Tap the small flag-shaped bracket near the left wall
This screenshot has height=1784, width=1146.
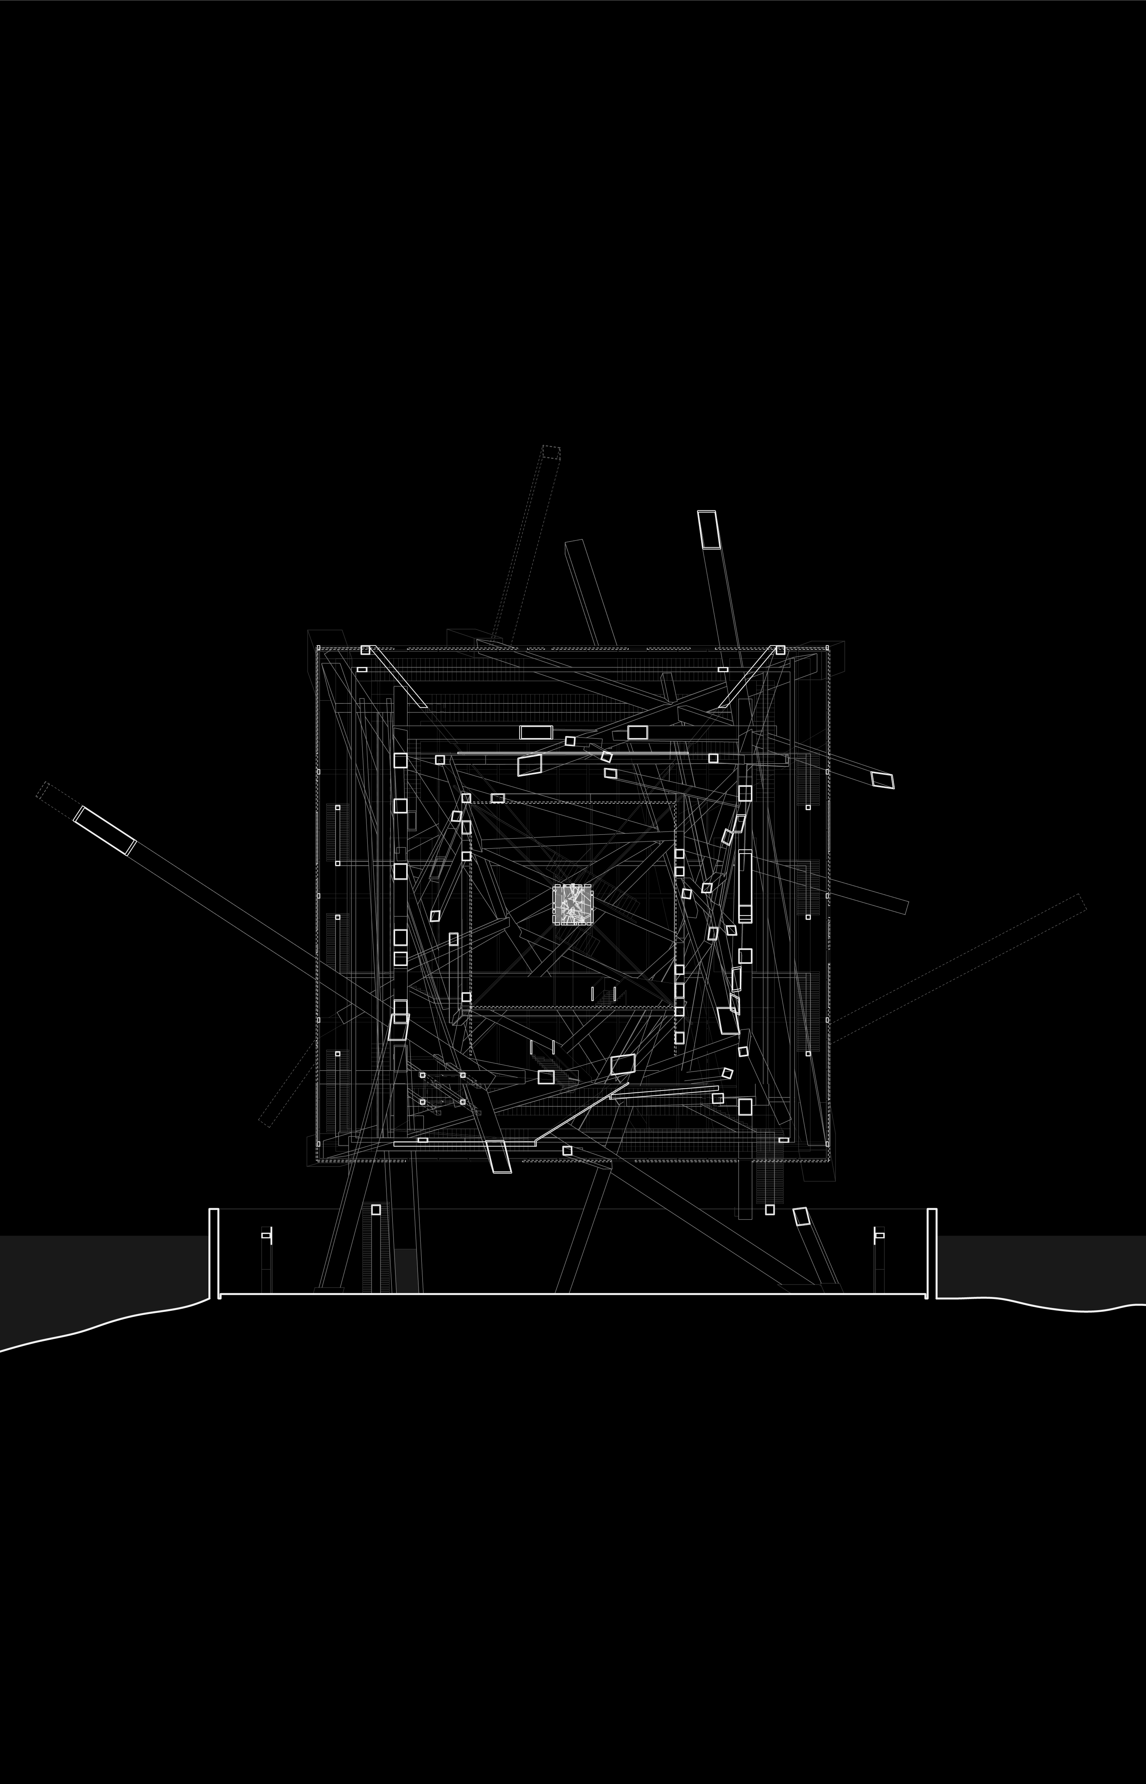266,1236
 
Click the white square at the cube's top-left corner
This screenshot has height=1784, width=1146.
365,650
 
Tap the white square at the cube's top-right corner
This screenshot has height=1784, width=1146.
780,650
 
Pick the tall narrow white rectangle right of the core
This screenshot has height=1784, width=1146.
745,886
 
